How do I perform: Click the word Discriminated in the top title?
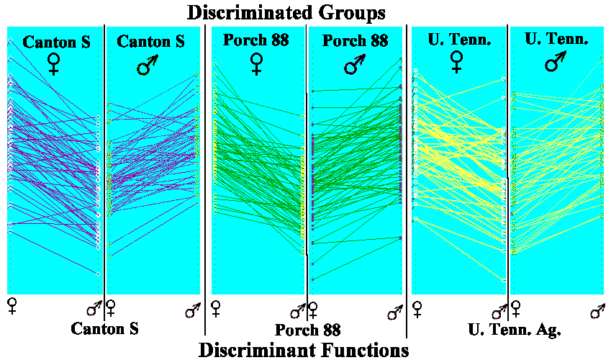(248, 12)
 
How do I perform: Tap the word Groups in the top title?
(350, 12)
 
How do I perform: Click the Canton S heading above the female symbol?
(57, 42)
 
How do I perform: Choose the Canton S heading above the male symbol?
(151, 42)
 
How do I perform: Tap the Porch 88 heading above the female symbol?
(256, 40)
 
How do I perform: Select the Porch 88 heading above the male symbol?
(356, 40)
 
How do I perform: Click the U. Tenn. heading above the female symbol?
(459, 40)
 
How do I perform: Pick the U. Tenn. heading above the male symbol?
(556, 40)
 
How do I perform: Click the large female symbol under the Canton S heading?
(53, 64)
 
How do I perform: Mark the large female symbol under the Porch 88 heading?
(256, 64)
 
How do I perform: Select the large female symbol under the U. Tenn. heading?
(456, 63)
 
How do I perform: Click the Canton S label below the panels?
(104, 329)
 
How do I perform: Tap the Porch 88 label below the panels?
(308, 330)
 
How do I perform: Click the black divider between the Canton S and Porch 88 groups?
(205, 180)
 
